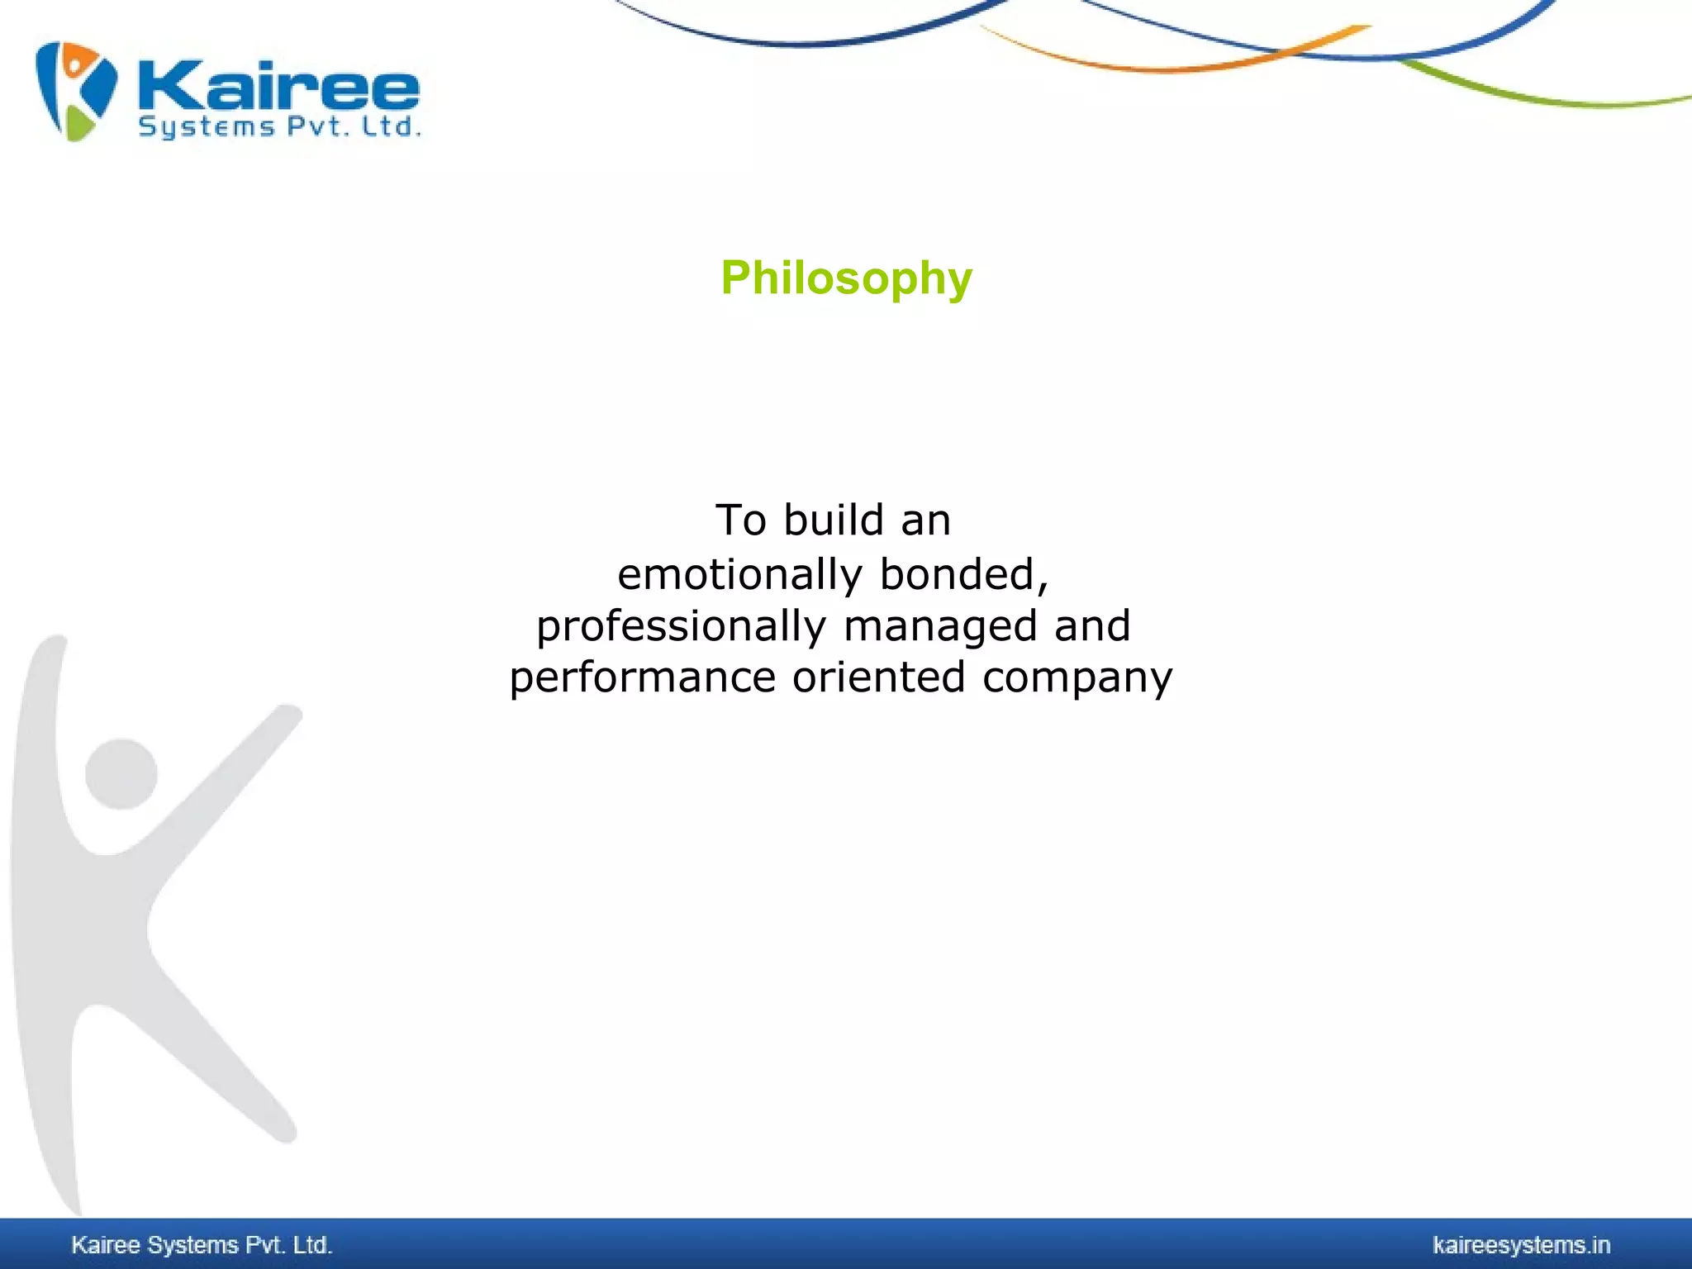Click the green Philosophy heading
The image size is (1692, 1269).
tap(846, 278)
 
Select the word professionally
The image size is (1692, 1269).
tap(681, 625)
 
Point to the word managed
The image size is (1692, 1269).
tap(940, 625)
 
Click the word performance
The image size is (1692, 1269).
tap(642, 677)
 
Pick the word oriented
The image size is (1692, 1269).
tap(878, 677)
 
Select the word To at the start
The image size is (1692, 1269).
tap(740, 520)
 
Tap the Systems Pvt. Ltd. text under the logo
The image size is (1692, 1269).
tap(279, 127)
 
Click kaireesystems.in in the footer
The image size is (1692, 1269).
tap(1521, 1245)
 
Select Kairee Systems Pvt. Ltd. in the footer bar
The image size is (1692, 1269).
tap(202, 1245)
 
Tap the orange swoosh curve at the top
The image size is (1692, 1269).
tap(1157, 66)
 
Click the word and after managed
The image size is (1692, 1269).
tap(1092, 625)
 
